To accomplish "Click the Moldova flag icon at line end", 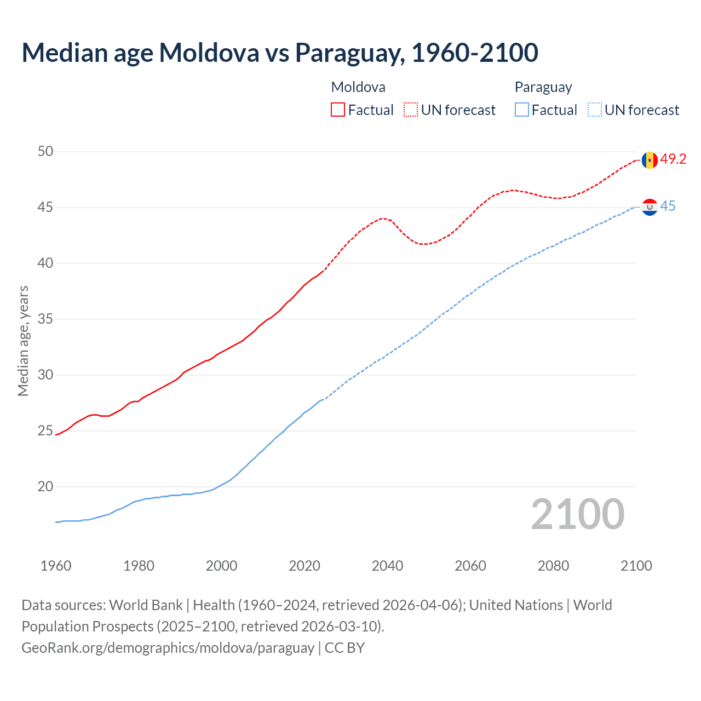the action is tap(650, 160).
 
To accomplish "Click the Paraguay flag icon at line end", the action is tap(650, 207).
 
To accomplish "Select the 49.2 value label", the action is tap(673, 159).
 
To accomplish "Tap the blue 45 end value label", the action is tap(668, 206).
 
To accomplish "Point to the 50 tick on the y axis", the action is tap(45, 151).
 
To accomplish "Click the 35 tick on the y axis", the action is tap(45, 319).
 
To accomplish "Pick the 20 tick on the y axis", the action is tap(45, 486).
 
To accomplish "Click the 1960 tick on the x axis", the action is tap(56, 566).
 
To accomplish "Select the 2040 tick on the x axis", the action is tap(387, 566).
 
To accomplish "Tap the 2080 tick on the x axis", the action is tap(553, 566).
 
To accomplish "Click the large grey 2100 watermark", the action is tap(578, 514).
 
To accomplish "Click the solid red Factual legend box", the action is tap(338, 110).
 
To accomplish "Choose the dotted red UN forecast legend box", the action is tap(411, 110).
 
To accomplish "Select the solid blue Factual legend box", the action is tap(521, 110).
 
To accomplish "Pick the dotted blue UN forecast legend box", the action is tap(594, 110).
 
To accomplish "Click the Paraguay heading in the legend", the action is tap(543, 87).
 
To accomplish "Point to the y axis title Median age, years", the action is tap(23, 341).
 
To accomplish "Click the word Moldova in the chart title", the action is tap(209, 53).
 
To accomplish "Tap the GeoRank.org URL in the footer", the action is tap(168, 647).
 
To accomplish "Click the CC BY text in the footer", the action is tap(344, 647).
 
